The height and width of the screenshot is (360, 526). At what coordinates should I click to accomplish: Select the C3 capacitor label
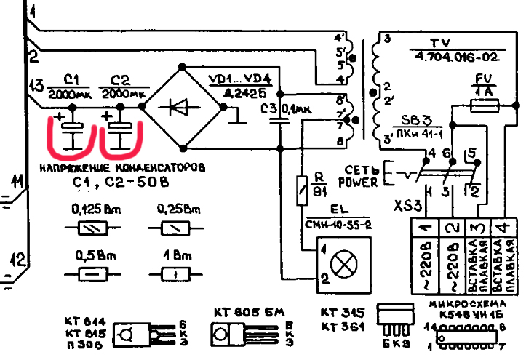[268, 108]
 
